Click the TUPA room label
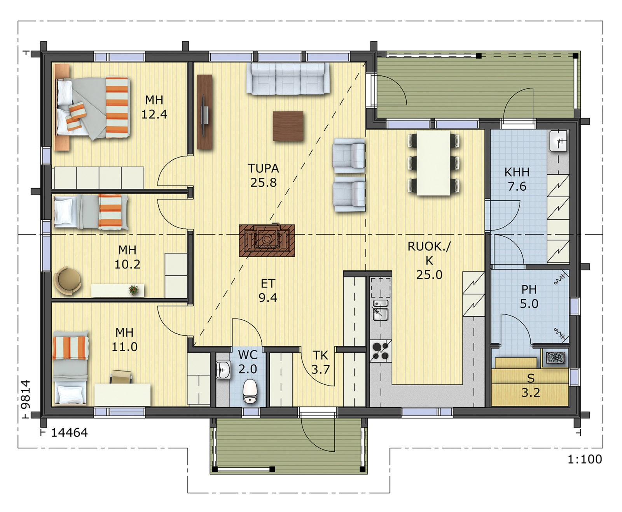point(263,168)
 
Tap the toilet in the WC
point(250,391)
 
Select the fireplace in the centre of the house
point(267,240)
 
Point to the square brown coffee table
point(288,126)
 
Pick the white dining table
point(433,163)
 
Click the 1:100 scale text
point(585,459)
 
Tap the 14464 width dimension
point(69,433)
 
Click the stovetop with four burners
point(381,351)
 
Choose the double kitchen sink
point(381,310)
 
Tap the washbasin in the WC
point(223,370)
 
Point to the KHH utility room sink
point(558,141)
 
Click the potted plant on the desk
point(134,290)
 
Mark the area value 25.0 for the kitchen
point(429,275)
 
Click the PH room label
point(529,289)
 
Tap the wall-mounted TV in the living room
point(204,112)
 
